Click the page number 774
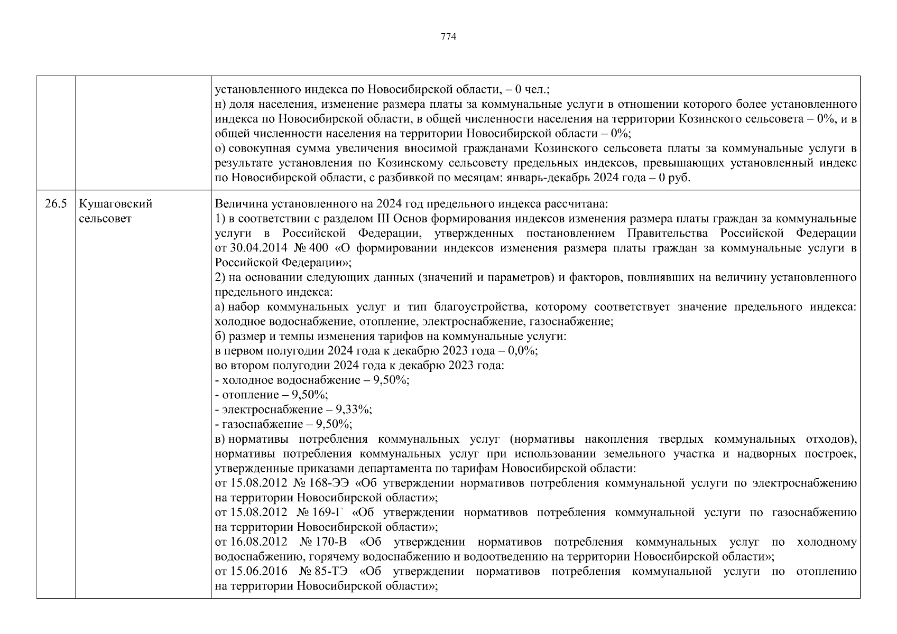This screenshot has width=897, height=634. pos(448,36)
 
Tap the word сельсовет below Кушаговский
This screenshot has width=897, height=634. pos(105,218)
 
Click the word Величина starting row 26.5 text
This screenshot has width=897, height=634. pos(236,204)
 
